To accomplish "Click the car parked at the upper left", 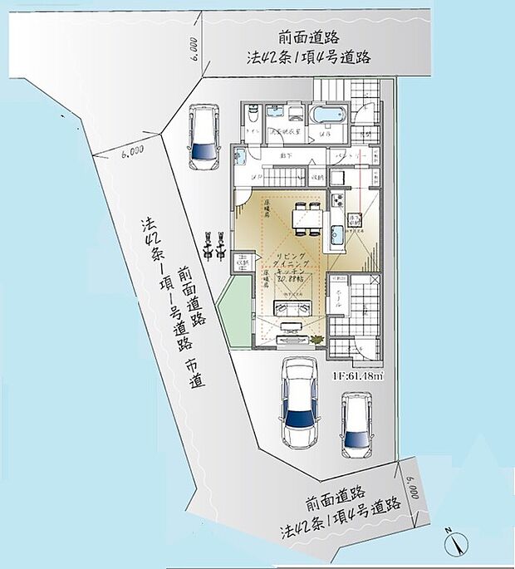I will (x=201, y=136).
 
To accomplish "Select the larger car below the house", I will (x=297, y=402).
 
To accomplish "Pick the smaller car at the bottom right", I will (x=357, y=424).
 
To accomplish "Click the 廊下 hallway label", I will (x=287, y=155).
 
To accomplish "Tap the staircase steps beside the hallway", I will (x=278, y=176).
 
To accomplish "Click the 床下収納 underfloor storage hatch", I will (x=352, y=222).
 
